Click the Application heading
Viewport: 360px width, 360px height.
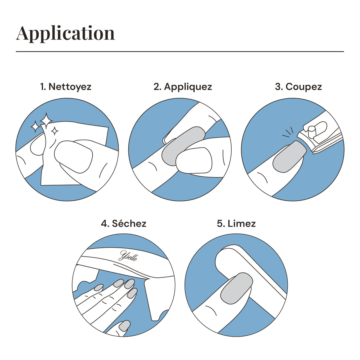pos(65,34)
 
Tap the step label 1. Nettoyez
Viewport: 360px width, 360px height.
pos(66,87)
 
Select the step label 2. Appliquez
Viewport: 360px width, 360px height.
pos(183,87)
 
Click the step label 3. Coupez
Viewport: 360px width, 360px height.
pos(298,87)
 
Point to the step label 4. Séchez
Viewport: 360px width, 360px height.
pos(124,223)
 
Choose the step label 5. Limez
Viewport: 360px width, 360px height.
pos(236,223)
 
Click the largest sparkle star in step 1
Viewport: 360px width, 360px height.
pos(46,120)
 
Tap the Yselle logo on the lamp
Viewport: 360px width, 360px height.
pos(128,256)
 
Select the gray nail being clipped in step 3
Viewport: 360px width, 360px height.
pos(289,157)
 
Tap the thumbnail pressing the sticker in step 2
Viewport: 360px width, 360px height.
pos(194,160)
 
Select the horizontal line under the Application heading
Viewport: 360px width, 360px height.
pos(180,51)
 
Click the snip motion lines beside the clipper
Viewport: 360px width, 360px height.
pos(288,132)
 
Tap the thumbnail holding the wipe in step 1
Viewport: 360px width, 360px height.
pos(73,157)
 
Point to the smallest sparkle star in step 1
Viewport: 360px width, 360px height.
pos(55,131)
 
